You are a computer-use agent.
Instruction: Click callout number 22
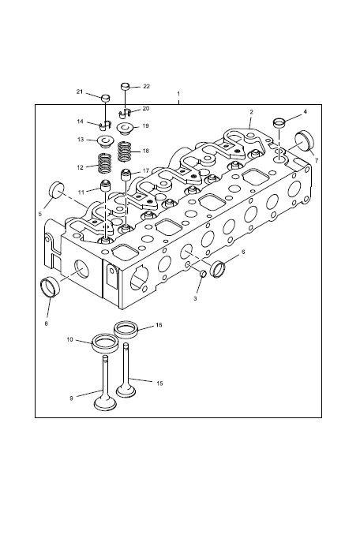pos(146,86)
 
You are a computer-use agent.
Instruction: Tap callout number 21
pos(80,92)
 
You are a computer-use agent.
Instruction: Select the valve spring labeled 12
pos(104,163)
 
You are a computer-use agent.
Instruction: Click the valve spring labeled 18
pos(126,151)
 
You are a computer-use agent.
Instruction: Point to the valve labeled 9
pos(105,383)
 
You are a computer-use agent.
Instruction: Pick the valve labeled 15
pos(126,371)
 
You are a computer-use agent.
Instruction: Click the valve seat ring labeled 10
pos(105,343)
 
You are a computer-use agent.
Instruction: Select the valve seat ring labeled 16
pos(126,329)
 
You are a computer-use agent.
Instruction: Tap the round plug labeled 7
pos(304,140)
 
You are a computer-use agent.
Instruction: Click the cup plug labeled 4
pos(279,123)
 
